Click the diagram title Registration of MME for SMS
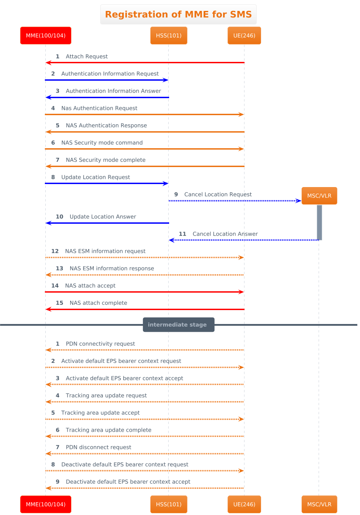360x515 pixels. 178,14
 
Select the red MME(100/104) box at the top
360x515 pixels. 46,35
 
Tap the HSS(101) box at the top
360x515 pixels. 169,35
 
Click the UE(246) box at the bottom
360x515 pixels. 244,504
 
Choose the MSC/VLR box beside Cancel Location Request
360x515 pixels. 319,196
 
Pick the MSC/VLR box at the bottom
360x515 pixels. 319,504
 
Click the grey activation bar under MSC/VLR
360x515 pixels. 319,222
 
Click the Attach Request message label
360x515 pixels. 87,57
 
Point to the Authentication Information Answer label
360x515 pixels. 113,91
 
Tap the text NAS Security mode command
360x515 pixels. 102,143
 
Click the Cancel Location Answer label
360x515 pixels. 225,234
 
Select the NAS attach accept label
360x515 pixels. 90,286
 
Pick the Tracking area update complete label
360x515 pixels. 109,430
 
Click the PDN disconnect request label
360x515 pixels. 98,447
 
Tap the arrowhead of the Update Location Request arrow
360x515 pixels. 166,184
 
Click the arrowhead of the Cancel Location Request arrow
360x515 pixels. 299,201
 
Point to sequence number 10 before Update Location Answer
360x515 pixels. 59,217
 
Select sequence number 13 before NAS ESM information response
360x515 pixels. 59,268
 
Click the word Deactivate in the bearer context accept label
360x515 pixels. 79,482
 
